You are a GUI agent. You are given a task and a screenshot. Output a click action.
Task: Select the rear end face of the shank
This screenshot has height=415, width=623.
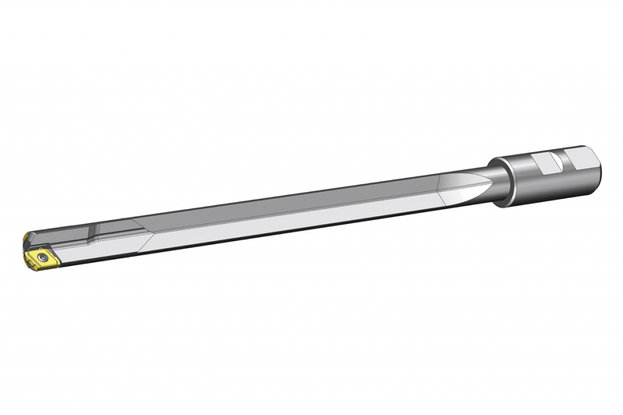pyautogui.click(x=596, y=167)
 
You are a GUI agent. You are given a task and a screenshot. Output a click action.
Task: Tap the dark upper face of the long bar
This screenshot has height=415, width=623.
pyautogui.click(x=304, y=197)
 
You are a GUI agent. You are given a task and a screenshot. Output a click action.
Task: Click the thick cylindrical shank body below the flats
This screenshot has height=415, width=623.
pyautogui.click(x=554, y=185)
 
